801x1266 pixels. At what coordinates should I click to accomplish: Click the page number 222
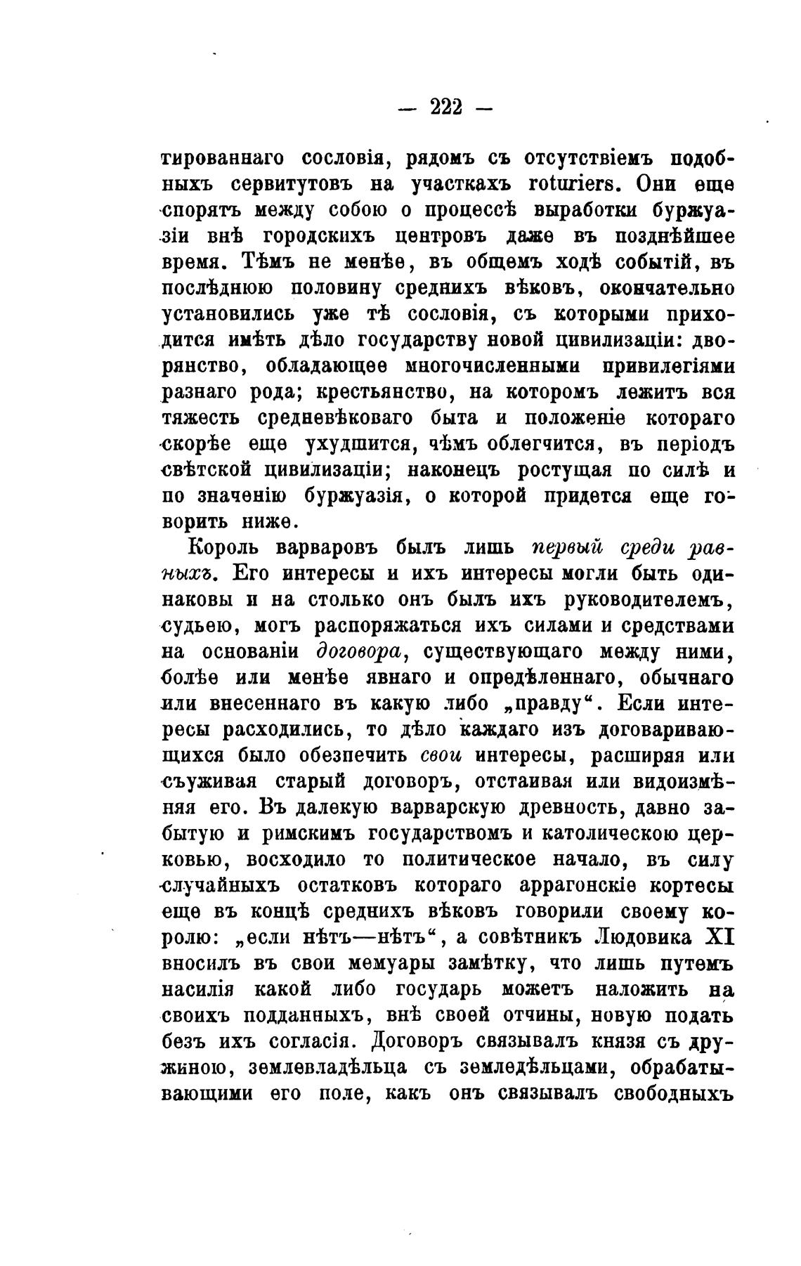coord(445,107)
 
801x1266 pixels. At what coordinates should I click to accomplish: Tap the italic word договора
coord(359,651)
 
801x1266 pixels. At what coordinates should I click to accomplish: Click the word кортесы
coord(690,885)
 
